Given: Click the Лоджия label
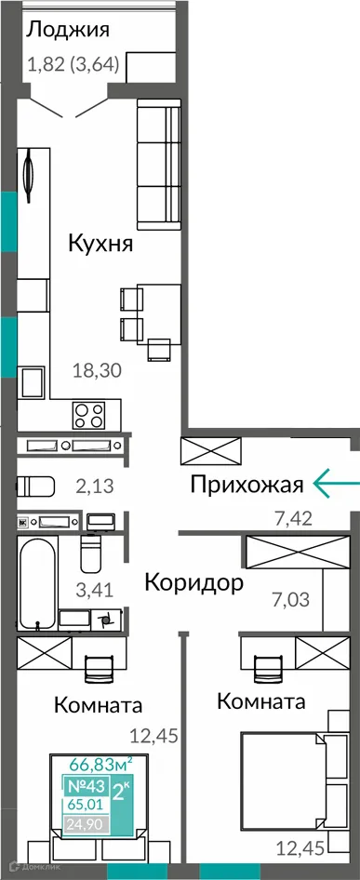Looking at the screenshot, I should click(x=68, y=29).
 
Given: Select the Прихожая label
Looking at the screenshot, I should click(x=247, y=484).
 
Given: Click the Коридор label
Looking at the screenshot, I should click(x=194, y=583).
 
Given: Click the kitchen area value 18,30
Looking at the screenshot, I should click(x=98, y=371).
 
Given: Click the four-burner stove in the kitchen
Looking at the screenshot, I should click(x=91, y=412).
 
